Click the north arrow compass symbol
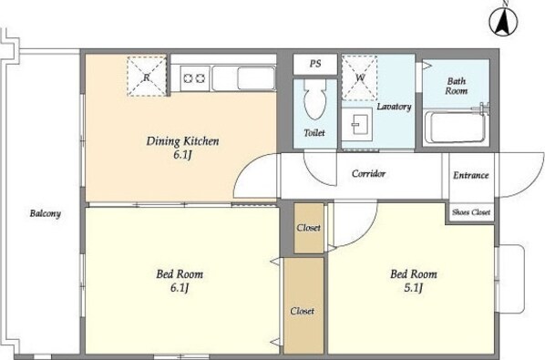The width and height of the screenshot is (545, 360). tap(503, 22)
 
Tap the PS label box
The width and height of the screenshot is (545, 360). tap(315, 65)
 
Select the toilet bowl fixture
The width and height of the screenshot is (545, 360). tap(315, 99)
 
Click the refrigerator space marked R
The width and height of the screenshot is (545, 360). tap(147, 76)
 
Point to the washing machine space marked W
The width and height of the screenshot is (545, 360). tap(359, 77)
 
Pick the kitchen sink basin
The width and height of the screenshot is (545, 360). tap(256, 78)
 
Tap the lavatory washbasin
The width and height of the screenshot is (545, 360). tap(356, 124)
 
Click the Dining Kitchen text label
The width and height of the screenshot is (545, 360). tap(183, 141)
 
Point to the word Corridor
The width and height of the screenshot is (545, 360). tap(368, 173)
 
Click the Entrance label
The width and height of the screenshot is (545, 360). tap(471, 175)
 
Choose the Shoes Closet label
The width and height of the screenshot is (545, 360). tap(471, 212)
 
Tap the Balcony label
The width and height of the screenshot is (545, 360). tap(46, 213)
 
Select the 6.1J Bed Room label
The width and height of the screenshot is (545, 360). tap(180, 281)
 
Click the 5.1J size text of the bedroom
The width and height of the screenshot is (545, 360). tap(414, 288)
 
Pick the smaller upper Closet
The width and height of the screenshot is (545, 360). tap(309, 228)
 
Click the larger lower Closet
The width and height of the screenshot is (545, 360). tap(303, 306)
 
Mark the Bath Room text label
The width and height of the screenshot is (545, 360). tap(457, 86)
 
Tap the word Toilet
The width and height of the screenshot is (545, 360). tap(314, 133)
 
